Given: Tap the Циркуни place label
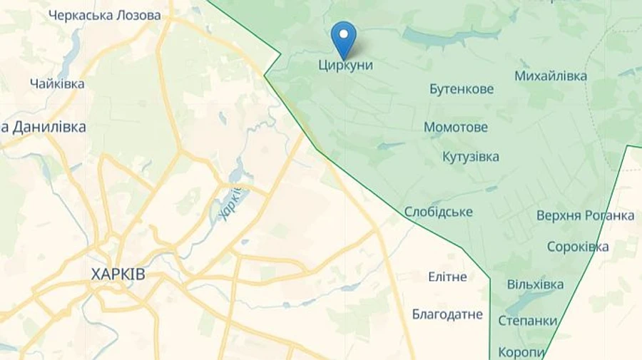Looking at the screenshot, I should click(345, 65).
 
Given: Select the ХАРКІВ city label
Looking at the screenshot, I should click(118, 274).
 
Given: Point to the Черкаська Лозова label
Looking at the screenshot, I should click(105, 15).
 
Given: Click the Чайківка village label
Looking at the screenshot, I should click(57, 83).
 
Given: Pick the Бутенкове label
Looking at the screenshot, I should click(462, 89).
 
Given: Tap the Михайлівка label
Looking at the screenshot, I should click(551, 76).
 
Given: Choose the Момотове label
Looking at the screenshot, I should click(456, 128).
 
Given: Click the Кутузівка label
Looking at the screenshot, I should click(470, 157).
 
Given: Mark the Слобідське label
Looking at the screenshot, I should click(438, 212).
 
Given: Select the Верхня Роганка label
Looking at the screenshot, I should click(585, 215).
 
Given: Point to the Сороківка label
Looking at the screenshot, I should click(578, 247).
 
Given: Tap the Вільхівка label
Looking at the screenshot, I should click(535, 284).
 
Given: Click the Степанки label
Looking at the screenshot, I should click(527, 321).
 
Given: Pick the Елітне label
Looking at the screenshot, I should click(447, 277).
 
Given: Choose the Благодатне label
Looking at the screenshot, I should click(447, 314).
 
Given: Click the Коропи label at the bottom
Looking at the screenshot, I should click(521, 352).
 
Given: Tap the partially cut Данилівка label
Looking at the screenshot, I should click(44, 127).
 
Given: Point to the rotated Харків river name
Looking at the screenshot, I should click(230, 203).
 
